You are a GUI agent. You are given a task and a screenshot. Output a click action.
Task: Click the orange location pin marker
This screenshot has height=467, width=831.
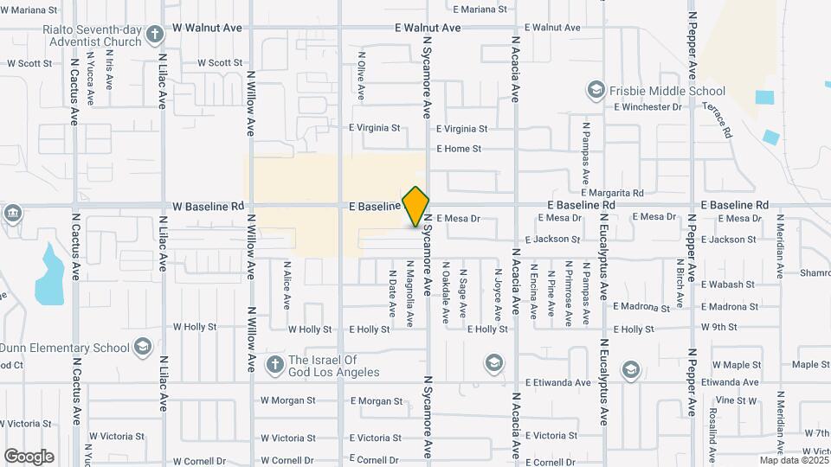tap(416, 206)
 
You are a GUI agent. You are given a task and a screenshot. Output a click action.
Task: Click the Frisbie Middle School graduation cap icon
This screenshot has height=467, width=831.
tap(596, 90)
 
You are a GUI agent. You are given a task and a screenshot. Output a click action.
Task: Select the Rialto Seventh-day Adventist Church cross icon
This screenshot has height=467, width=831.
tap(154, 35)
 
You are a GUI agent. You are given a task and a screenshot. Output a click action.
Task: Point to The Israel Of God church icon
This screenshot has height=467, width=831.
tap(274, 364)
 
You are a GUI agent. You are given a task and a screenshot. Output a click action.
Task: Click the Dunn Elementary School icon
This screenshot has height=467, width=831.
tap(142, 347)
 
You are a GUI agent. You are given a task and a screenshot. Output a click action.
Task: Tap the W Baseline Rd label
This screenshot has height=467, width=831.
tap(208, 207)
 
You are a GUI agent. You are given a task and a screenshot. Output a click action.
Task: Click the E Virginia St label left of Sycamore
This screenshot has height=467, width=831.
tap(375, 128)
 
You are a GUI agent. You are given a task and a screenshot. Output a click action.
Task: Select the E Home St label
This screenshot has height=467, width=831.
tap(459, 149)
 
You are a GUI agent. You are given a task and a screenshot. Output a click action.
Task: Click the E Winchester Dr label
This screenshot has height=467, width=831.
tap(647, 107)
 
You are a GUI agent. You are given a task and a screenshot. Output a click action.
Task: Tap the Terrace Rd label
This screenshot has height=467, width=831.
tap(717, 121)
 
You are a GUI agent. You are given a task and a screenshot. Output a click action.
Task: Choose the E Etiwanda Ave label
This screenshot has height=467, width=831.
tap(557, 382)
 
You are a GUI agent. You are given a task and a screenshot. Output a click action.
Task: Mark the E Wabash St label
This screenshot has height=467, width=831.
tap(729, 285)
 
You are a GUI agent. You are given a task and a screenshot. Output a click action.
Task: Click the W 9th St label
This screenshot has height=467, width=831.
tap(719, 328)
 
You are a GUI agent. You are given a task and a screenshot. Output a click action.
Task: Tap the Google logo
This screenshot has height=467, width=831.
tap(29, 456)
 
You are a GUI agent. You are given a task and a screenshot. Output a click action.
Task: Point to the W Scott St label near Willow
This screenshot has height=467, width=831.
tap(220, 63)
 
